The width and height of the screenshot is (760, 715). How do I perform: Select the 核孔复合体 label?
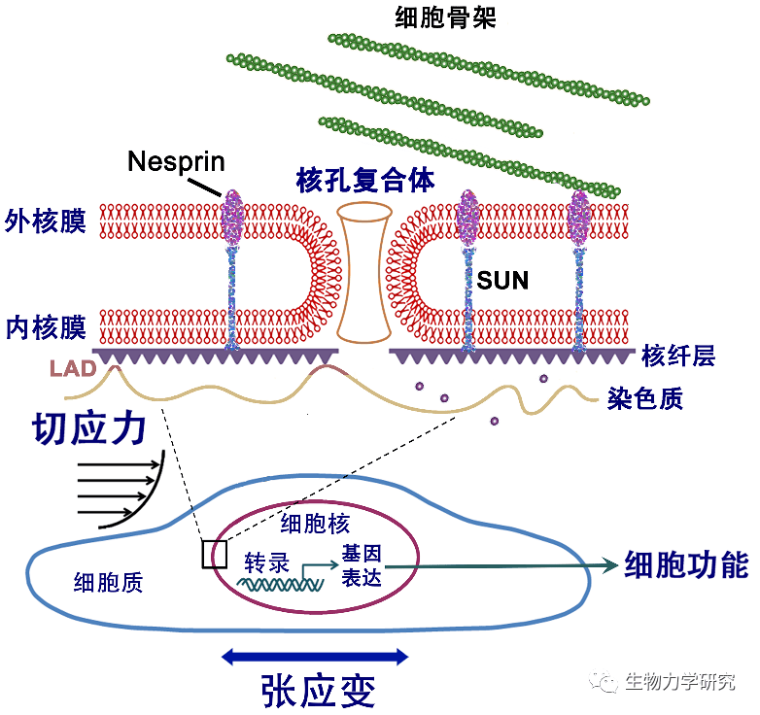point(365,181)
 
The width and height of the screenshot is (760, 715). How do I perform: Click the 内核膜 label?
point(45,326)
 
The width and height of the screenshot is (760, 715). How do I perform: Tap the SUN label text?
point(502,282)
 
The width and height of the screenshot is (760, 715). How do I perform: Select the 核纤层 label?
point(677,357)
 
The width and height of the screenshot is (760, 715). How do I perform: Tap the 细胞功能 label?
point(686,564)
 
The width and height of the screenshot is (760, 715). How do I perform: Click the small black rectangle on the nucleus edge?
point(214,554)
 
